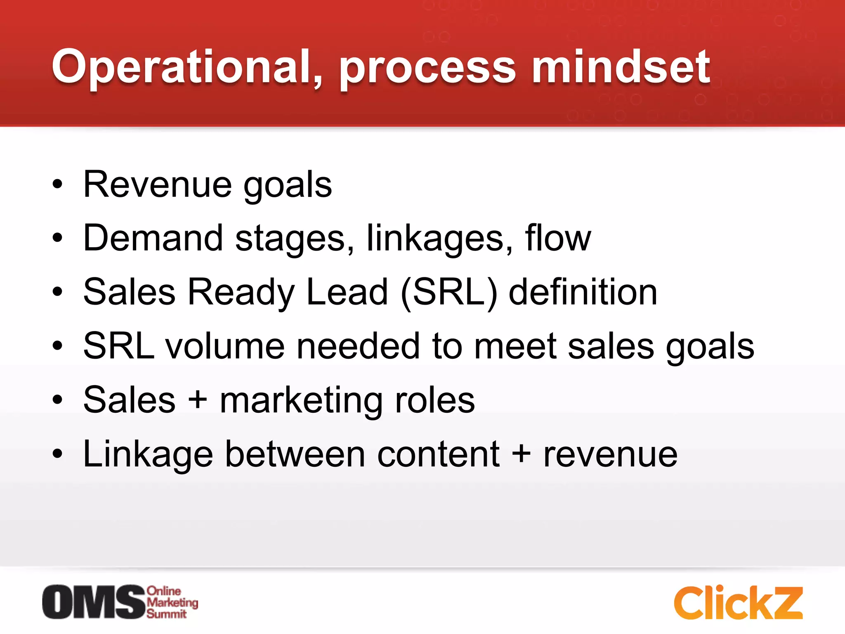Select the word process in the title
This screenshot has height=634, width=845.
point(427,70)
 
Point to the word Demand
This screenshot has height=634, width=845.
point(153,238)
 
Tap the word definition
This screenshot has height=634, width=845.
point(583,292)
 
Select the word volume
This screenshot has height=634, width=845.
point(225,346)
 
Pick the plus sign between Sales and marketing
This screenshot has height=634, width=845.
point(198,400)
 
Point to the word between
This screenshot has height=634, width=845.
point(295,454)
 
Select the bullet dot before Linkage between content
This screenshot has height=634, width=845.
point(57,454)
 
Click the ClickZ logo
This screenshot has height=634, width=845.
point(738,603)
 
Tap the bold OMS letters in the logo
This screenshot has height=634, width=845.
point(94,602)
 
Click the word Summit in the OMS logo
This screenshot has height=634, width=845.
point(167,614)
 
